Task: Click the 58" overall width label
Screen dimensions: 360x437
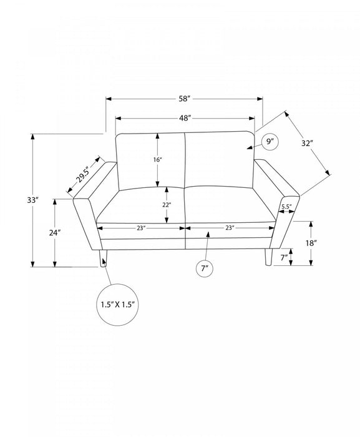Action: tap(185, 99)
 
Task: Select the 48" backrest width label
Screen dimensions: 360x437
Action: tap(185, 118)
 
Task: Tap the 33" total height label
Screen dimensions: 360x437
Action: tap(32, 200)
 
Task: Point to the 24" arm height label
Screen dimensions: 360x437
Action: tap(55, 233)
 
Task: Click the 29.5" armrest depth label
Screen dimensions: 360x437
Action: tap(83, 175)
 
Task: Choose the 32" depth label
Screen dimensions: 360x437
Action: tap(307, 143)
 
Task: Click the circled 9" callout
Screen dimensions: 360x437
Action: tap(269, 142)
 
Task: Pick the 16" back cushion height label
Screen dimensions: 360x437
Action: tap(158, 160)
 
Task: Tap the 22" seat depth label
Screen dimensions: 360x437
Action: tap(167, 205)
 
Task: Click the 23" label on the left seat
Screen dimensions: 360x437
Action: tap(141, 228)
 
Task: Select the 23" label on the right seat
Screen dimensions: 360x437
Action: tap(230, 228)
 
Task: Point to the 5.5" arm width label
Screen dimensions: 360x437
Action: tap(286, 207)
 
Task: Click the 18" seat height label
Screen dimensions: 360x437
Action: tap(311, 243)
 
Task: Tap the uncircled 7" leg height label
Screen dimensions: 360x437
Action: tap(284, 257)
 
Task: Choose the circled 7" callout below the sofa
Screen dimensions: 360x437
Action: tap(205, 268)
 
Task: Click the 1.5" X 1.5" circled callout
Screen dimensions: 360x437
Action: tap(117, 305)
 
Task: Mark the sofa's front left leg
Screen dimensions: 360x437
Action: tap(103, 258)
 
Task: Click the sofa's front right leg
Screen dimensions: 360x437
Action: tap(269, 257)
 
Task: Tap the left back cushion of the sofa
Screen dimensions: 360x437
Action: tap(151, 161)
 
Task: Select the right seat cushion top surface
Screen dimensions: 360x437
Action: tap(230, 204)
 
